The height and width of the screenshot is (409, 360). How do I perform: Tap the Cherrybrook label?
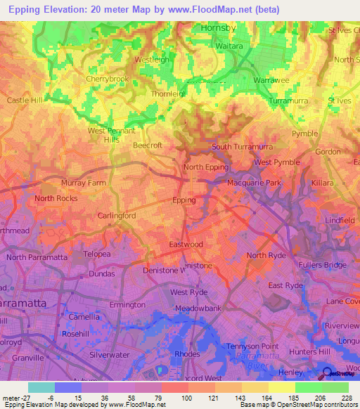click(x=108, y=79)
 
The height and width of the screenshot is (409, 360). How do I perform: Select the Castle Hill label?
click(x=25, y=100)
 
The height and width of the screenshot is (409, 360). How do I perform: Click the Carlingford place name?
click(x=117, y=216)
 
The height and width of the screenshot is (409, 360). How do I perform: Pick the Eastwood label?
click(x=186, y=245)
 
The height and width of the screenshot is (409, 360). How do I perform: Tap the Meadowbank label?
click(x=193, y=307)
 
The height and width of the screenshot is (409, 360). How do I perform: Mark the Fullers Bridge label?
click(x=326, y=265)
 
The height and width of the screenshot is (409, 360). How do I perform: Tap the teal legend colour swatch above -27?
click(x=41, y=387)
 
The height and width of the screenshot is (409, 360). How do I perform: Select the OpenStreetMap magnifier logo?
click(x=326, y=373)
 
